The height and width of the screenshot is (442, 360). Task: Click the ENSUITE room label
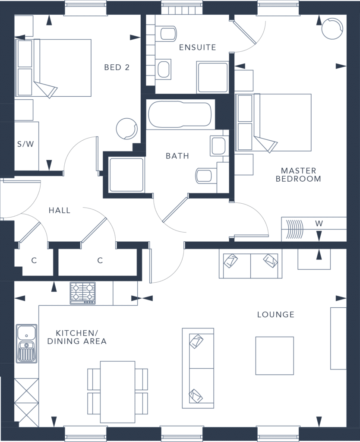197,47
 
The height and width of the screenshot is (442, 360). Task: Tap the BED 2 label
117,67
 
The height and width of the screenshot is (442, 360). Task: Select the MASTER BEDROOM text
298,174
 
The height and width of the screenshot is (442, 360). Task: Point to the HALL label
59,210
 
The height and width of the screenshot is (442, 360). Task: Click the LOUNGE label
276,314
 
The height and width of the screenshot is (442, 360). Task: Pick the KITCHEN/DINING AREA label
77,337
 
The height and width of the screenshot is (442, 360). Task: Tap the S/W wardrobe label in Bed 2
25,144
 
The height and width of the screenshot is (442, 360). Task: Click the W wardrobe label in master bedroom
319,224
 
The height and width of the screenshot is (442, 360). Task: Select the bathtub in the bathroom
180,114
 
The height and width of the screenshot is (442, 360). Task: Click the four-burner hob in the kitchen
82,293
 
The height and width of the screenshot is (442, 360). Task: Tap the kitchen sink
26,343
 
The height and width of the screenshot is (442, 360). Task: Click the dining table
117,392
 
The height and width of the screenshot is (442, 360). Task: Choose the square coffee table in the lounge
275,356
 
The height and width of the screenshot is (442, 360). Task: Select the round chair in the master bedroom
332,29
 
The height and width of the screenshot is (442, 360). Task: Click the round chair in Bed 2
127,129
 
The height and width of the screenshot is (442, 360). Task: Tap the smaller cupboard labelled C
34,260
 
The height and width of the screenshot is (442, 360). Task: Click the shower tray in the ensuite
212,77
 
